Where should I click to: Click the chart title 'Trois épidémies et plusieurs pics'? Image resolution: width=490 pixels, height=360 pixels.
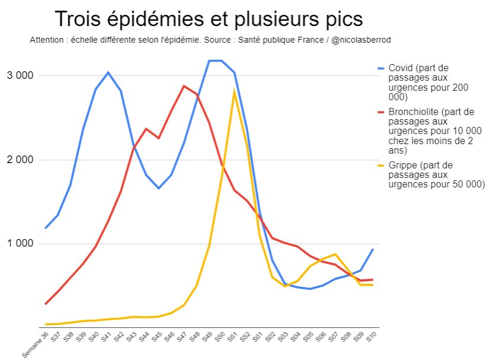point(208,19)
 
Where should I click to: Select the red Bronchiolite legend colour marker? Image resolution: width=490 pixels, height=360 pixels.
point(381,111)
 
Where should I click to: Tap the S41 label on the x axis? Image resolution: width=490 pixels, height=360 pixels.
point(107,337)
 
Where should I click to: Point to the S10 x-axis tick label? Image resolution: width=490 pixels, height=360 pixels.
point(372,337)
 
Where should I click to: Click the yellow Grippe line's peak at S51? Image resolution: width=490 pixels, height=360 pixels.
point(235,91)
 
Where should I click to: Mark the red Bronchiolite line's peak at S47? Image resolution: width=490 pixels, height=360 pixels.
point(184,85)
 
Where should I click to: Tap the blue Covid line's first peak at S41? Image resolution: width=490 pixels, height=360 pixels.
point(108,72)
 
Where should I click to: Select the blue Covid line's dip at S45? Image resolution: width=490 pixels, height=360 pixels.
point(159,188)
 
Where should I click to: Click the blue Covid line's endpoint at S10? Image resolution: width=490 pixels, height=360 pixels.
point(373,249)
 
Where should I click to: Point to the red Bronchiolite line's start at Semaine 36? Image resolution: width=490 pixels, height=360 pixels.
point(46,304)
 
